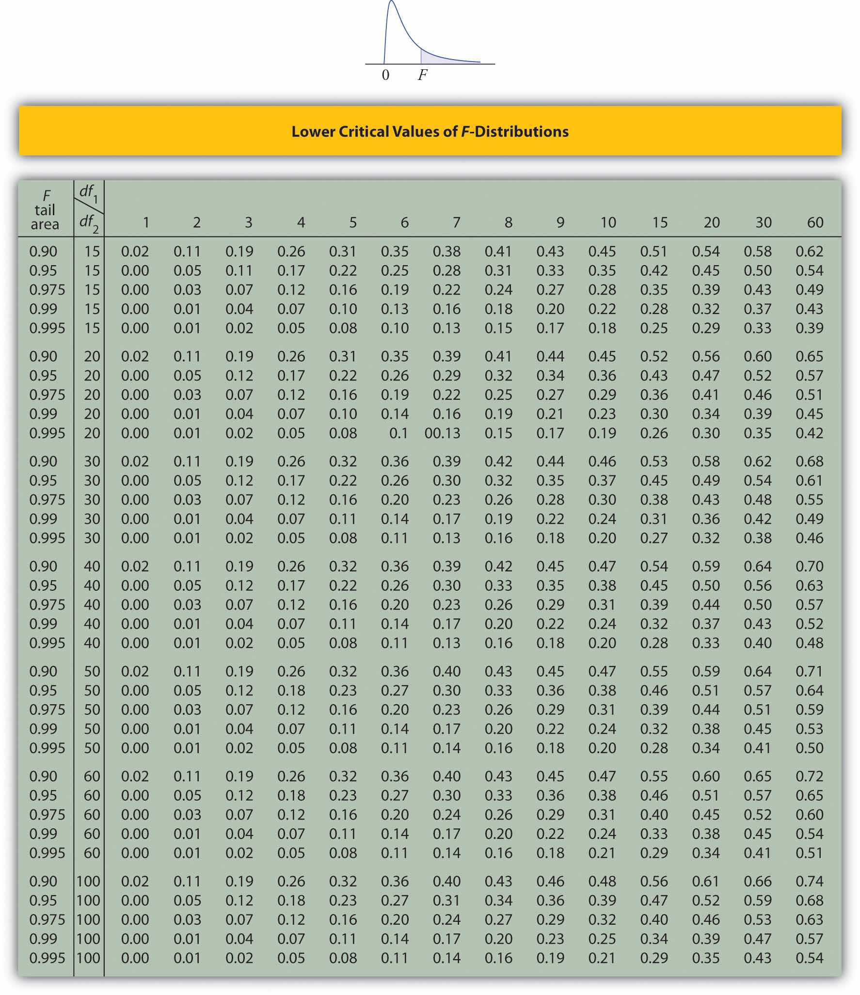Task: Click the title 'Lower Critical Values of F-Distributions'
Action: pos(430,132)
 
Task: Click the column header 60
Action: pos(814,222)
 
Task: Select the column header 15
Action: pos(659,222)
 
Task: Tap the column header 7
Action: pos(456,222)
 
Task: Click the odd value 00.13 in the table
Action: pos(442,433)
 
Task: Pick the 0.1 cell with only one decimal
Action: pos(398,433)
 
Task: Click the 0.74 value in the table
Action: pos(809,881)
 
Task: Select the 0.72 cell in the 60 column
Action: pos(809,776)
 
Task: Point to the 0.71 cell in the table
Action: pos(809,671)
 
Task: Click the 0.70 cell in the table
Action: pos(809,567)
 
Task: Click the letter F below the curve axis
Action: pos(423,75)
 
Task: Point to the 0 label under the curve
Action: pos(385,75)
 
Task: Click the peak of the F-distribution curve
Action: pos(391,2)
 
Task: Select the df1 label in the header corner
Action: pos(88,193)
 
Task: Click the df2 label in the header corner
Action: pos(88,223)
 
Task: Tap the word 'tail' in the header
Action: pos(45,210)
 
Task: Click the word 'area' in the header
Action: pos(45,224)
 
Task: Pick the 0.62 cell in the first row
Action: pos(809,252)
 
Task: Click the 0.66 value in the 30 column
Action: pos(757,881)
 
